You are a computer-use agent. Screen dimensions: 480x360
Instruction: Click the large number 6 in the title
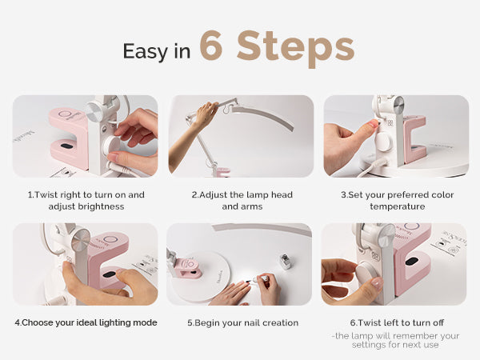211,45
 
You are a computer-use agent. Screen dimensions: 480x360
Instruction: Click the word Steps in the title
296,48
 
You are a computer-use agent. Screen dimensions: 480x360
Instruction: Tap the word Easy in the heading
145,51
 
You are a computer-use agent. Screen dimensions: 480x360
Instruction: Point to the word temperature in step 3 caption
398,206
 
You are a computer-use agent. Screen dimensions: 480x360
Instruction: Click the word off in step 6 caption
438,322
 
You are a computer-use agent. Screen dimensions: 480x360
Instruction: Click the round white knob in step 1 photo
111,145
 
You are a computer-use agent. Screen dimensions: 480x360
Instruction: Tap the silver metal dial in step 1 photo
95,111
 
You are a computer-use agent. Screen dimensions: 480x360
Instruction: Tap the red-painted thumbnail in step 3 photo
372,124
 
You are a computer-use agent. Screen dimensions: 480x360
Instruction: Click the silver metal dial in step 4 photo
81,240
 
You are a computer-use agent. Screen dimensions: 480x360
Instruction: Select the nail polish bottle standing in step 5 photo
285,262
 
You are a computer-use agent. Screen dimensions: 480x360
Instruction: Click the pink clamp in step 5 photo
189,268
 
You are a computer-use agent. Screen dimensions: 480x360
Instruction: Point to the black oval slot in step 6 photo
412,262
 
